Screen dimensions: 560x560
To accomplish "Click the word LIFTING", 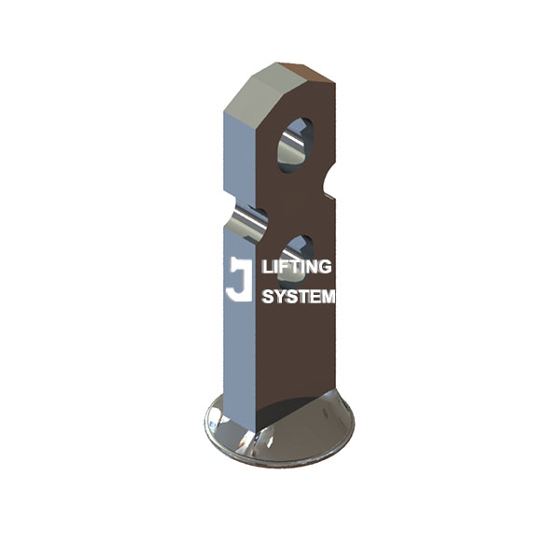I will point(298,267).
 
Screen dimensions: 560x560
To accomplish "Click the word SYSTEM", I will point(298,298).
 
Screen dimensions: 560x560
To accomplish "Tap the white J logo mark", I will point(239,279).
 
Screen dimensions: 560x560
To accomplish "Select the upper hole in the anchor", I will point(296,143).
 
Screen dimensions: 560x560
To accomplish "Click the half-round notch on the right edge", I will point(327,183).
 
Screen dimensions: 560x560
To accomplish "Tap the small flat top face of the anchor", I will point(301,70).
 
